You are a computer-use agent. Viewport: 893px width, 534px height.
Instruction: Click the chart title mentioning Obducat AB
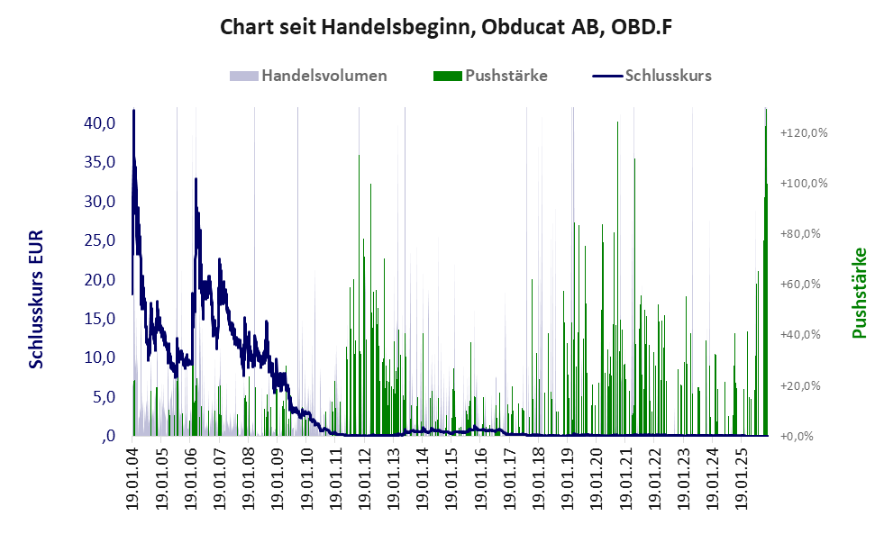tap(446, 28)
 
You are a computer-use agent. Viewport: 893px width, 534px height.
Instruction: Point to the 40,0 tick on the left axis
tap(96, 123)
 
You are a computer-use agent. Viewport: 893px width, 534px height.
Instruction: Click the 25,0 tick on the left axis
tap(96, 240)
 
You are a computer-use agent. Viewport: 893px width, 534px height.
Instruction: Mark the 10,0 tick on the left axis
tap(96, 358)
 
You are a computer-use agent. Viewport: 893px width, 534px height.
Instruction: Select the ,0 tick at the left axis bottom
tap(107, 436)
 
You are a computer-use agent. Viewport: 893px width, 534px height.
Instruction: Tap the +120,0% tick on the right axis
tap(803, 133)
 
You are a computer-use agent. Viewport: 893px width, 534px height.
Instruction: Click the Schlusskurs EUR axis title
tap(36, 299)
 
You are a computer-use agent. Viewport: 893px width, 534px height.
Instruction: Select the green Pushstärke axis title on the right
tap(858, 293)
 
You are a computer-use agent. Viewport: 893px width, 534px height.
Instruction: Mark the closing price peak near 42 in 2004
tap(133, 111)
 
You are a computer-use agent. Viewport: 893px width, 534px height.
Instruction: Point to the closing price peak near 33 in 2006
tap(196, 179)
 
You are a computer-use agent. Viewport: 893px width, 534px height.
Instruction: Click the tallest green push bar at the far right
tap(766, 270)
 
